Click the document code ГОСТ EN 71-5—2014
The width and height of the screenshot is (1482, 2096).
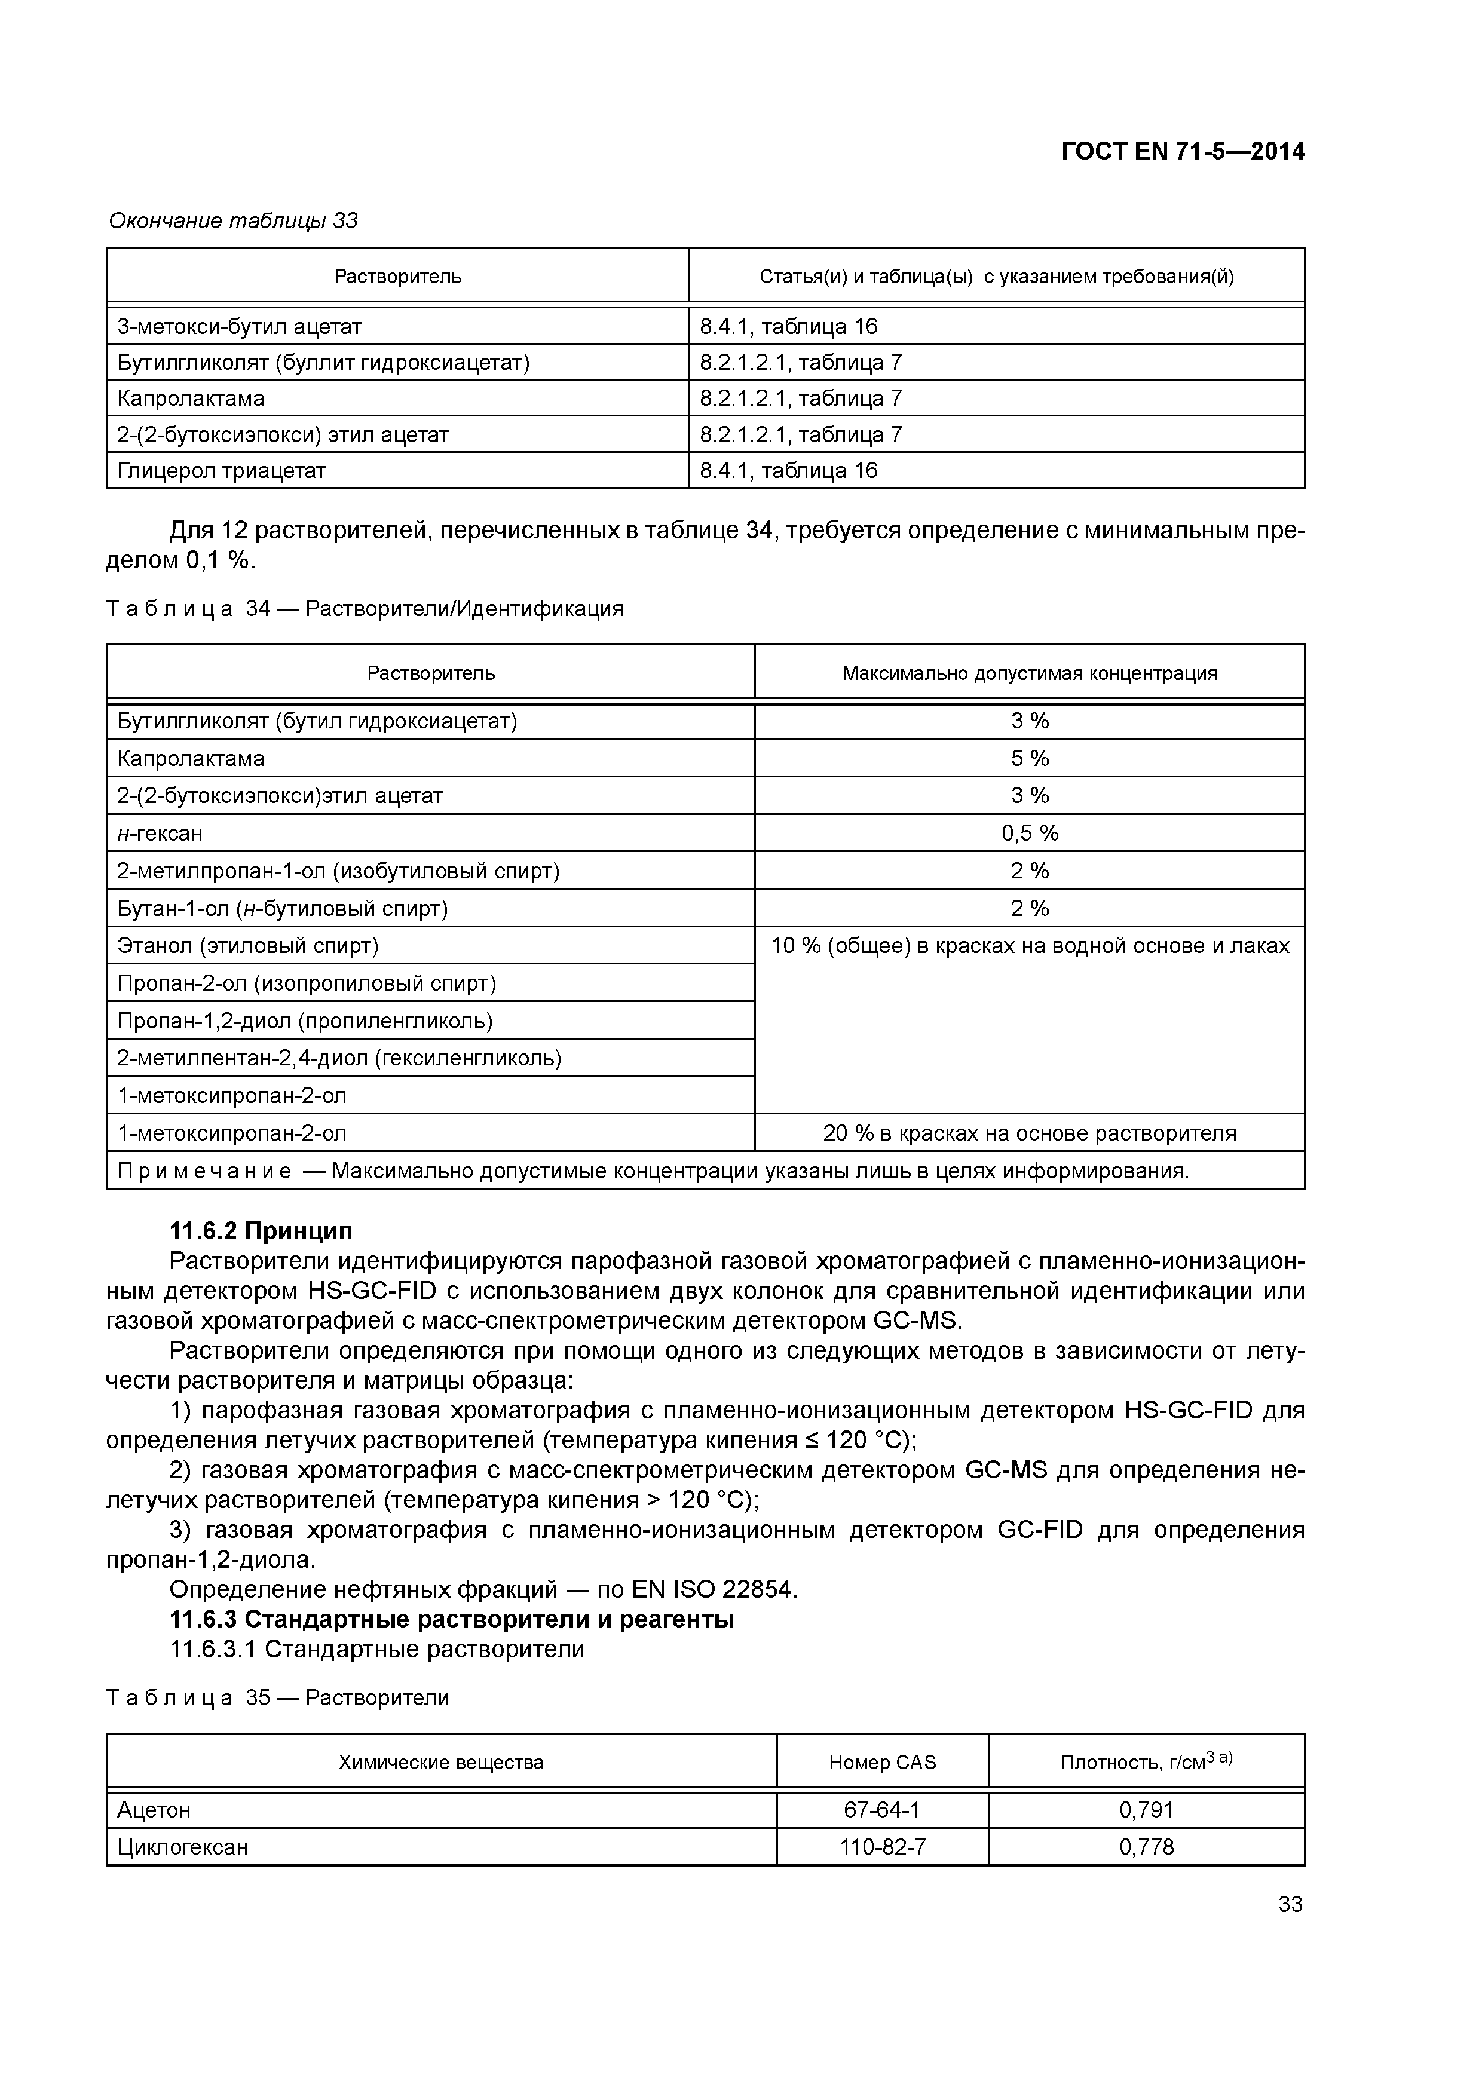point(1183,152)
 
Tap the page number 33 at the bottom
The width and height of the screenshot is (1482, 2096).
point(1290,1904)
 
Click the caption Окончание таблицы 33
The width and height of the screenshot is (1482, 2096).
point(233,221)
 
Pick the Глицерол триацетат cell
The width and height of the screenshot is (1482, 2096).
point(222,470)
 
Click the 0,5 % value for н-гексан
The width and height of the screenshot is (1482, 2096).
point(1029,832)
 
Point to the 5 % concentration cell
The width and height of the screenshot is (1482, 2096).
point(1029,758)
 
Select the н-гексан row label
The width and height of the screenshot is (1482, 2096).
point(161,832)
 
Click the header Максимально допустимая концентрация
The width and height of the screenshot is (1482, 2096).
point(1029,673)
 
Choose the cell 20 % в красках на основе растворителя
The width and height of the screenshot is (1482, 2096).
point(1029,1133)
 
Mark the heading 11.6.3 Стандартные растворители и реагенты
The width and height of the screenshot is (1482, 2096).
point(452,1619)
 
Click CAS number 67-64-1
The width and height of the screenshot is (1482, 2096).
point(881,1809)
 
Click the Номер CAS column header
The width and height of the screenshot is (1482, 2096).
point(881,1762)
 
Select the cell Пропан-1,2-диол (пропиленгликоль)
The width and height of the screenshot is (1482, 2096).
point(305,1021)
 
